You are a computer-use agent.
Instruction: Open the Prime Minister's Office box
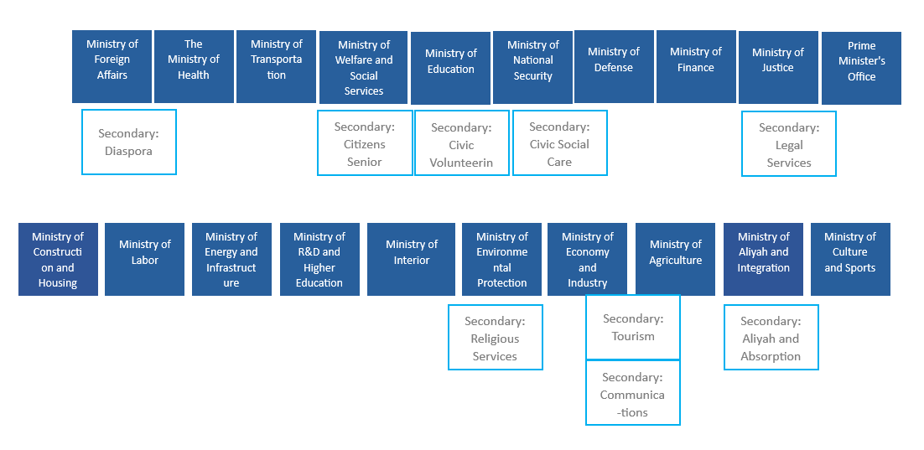tap(861, 68)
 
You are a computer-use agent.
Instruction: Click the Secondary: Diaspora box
tap(129, 142)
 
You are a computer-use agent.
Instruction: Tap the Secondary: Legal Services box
tap(789, 144)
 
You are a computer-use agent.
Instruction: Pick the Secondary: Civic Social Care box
tap(559, 143)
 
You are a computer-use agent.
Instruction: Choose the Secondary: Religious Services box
tap(495, 338)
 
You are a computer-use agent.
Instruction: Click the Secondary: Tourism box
tap(633, 327)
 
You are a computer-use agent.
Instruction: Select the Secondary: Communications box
tap(632, 393)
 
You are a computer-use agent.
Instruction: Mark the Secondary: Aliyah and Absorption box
tap(771, 338)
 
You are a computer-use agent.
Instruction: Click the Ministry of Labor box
tap(144, 259)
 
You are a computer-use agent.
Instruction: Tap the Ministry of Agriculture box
tap(675, 259)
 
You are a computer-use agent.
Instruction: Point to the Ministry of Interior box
tap(411, 259)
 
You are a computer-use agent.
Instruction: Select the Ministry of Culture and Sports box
tap(849, 259)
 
